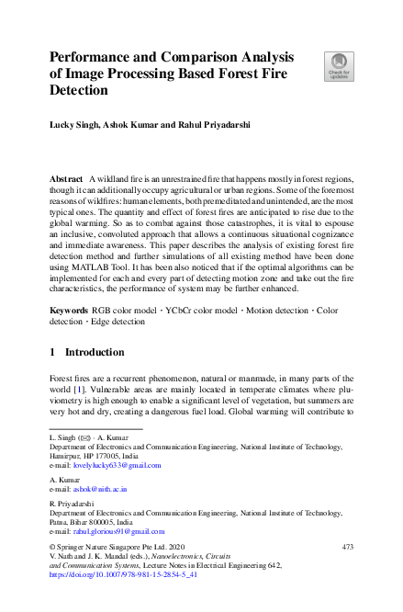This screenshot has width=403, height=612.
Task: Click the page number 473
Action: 346,547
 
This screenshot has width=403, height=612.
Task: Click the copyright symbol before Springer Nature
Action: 53,547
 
